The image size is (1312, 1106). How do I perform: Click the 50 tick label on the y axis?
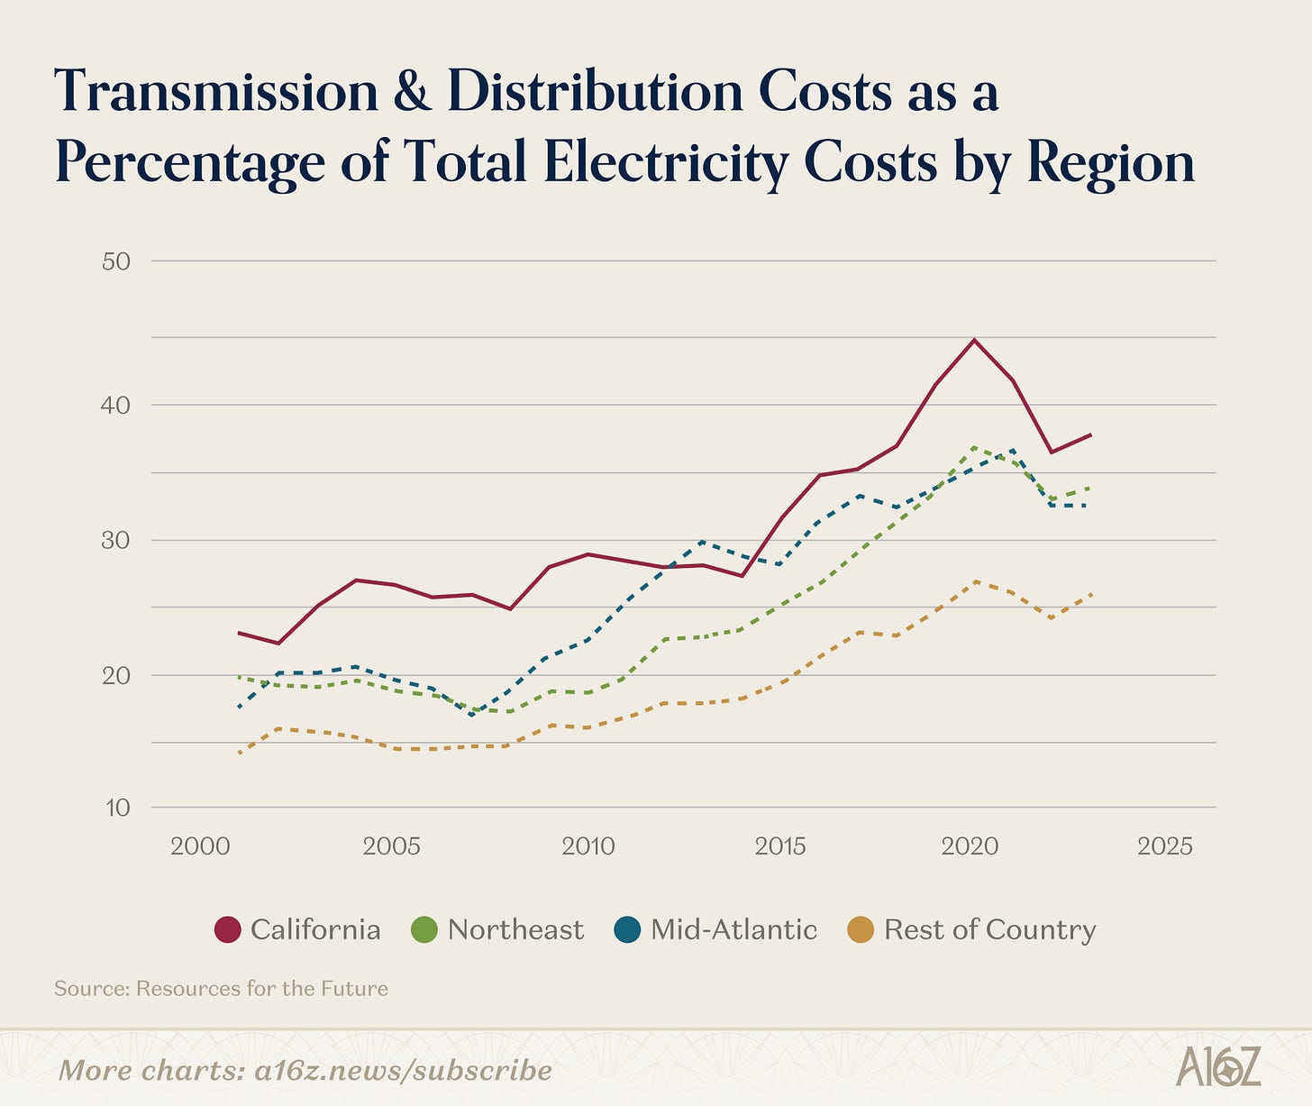[x=117, y=261]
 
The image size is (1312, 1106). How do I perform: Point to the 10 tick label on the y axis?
[x=117, y=808]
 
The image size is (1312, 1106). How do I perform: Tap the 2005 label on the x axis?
[x=392, y=846]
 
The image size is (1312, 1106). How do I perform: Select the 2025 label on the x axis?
[x=1165, y=846]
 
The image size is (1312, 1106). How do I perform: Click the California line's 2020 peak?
[x=973, y=340]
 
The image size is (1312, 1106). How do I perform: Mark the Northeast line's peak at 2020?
[x=973, y=447]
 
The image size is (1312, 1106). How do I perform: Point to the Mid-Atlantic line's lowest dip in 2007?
[x=471, y=714]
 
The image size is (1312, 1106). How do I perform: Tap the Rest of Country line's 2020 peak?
[x=973, y=582]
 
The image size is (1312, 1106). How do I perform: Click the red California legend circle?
[x=228, y=929]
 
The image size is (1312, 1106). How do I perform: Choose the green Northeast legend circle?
[x=424, y=929]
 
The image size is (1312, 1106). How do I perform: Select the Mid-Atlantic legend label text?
[x=733, y=929]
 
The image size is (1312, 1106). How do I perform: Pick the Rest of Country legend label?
[x=989, y=929]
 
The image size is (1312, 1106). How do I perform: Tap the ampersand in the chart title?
[x=413, y=93]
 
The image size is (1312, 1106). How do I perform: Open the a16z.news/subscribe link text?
[x=403, y=1070]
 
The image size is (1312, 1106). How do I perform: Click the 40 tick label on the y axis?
[x=117, y=405]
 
